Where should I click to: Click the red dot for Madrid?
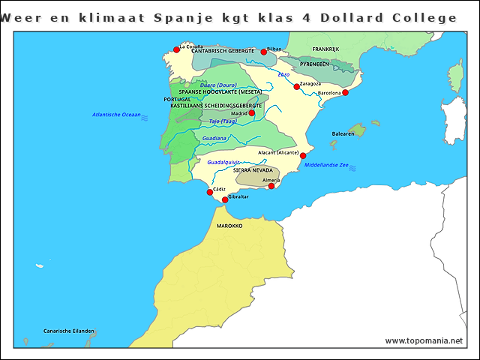pos(252,113)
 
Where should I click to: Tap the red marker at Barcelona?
pos(345,93)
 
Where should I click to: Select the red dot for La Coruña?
pos(176,50)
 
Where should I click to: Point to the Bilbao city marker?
pos(264,52)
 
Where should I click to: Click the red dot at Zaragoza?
pos(297,87)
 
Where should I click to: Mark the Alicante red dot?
pos(303,156)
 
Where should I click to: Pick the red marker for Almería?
pos(271,186)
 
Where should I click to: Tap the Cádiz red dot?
pos(210,192)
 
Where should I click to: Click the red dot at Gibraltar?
pos(225,199)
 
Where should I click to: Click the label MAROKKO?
pos(229,225)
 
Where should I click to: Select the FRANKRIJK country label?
pos(325,49)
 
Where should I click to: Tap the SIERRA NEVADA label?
pos(253,170)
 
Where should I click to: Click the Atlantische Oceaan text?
pos(116,115)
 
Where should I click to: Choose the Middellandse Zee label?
pos(326,165)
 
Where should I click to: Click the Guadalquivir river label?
pos(223,162)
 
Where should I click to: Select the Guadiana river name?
pos(214,138)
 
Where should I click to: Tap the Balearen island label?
pos(343,134)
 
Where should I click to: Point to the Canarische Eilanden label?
pos(69,331)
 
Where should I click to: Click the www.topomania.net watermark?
pos(424,340)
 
